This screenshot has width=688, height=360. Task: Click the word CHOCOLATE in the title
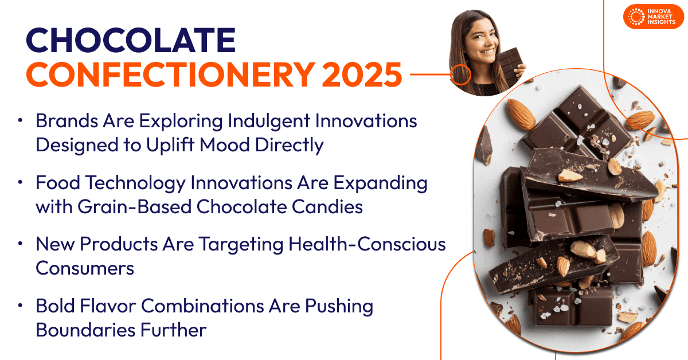131,40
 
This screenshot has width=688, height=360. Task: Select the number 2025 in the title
362,75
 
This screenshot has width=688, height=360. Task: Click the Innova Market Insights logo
653,17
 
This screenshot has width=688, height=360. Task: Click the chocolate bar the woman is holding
510,65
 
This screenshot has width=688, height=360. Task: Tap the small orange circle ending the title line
460,75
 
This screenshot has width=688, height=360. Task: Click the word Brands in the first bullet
67,121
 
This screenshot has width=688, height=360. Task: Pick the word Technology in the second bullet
135,183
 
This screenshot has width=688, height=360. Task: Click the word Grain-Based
135,206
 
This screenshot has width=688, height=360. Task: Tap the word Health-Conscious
367,244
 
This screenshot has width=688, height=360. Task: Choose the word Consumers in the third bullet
85,268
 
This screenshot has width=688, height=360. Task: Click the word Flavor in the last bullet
108,306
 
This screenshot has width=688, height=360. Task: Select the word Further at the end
174,330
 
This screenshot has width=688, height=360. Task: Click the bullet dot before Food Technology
20,182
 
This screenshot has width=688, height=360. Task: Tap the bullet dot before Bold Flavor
20,306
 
